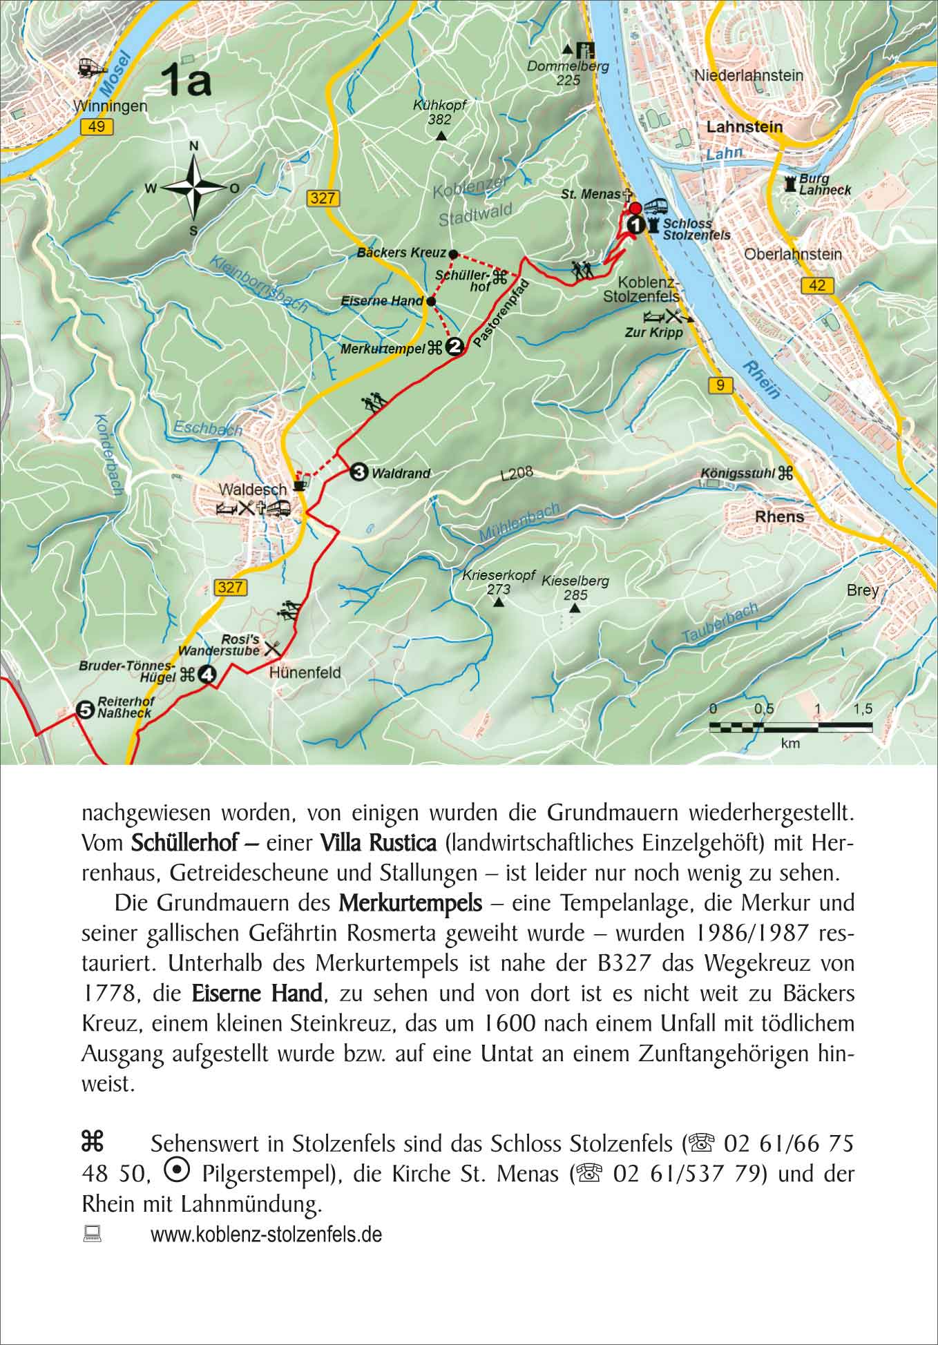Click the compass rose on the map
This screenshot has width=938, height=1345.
[x=194, y=187]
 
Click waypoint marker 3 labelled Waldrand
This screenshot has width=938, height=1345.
[x=358, y=472]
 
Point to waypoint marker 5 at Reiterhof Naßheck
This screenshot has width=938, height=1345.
[x=84, y=709]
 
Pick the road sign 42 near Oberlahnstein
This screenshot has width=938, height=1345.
[x=816, y=285]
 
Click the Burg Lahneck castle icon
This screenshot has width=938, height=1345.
[x=789, y=184]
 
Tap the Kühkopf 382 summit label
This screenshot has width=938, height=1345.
[x=440, y=113]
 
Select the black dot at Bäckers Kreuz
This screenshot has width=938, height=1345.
[x=453, y=253]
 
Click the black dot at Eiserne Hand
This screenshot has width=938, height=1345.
[x=430, y=302]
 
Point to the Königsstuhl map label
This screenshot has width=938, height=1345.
[x=738, y=474]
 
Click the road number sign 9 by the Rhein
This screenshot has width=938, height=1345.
[x=720, y=385]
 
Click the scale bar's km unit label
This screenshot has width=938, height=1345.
[x=790, y=744]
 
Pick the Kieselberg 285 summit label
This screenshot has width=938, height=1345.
[x=575, y=588]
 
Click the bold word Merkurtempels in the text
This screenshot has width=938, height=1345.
[x=410, y=902]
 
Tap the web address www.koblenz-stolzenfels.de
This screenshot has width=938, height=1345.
[x=266, y=1234]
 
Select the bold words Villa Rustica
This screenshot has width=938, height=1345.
[x=378, y=842]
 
